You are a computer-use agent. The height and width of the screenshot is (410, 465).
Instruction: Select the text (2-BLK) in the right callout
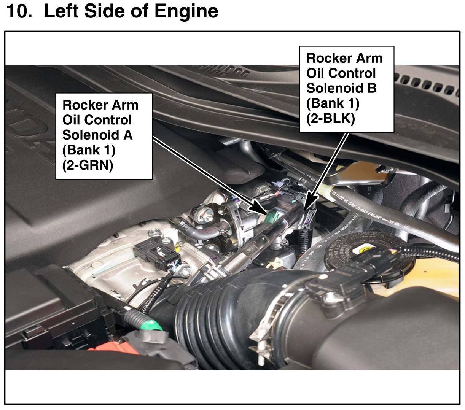pos(331,119)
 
